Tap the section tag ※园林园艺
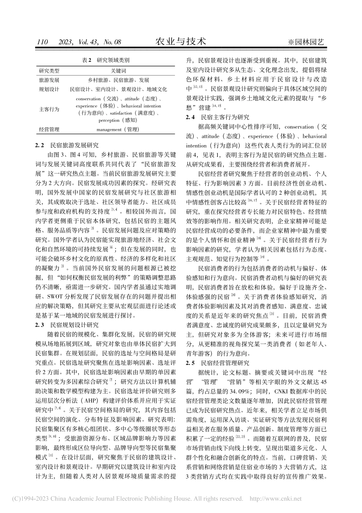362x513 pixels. click(x=306, y=42)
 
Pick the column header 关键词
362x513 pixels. click(x=119, y=71)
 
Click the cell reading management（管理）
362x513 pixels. click(x=119, y=130)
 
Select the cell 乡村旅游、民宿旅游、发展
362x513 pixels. click(x=119, y=81)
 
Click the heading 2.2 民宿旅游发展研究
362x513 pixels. click(x=67, y=145)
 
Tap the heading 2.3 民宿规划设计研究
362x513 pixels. click(x=67, y=325)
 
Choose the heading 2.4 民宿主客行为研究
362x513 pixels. click(x=217, y=117)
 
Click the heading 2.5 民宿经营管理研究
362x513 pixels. click(x=217, y=363)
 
